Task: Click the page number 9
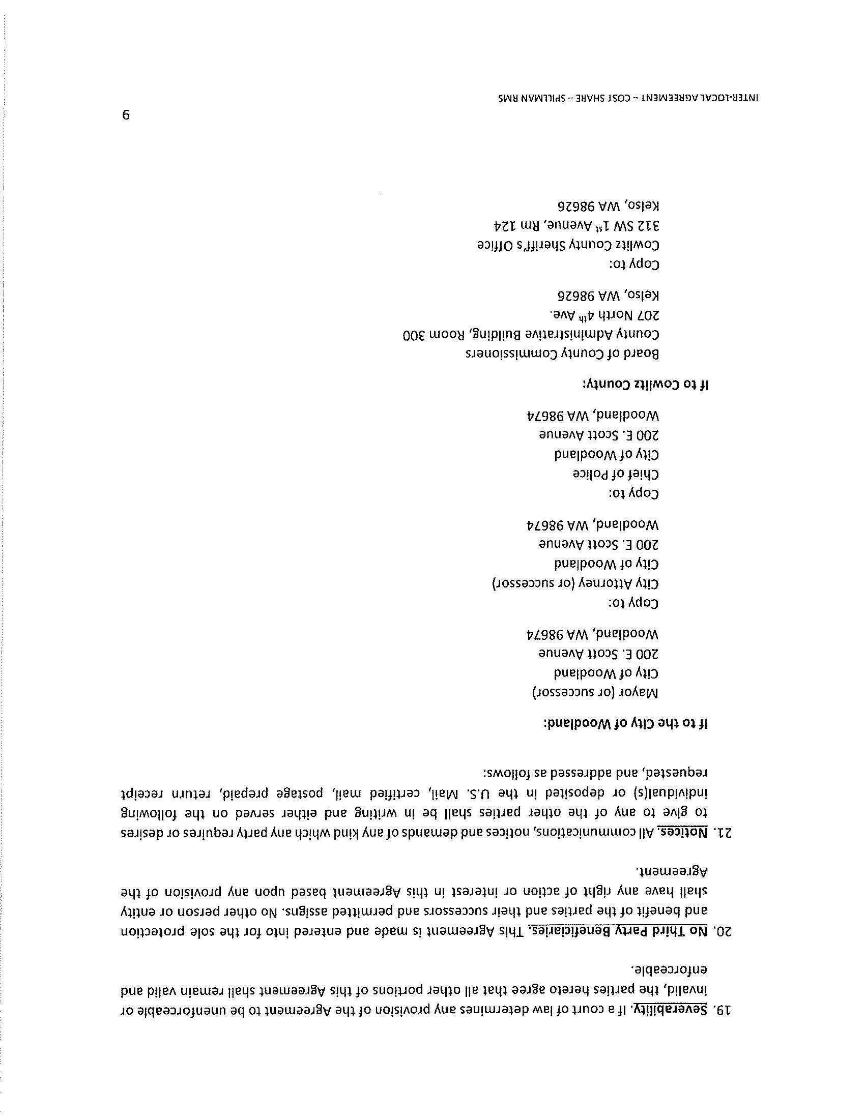click(126, 115)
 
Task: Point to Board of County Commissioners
click(562, 354)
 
